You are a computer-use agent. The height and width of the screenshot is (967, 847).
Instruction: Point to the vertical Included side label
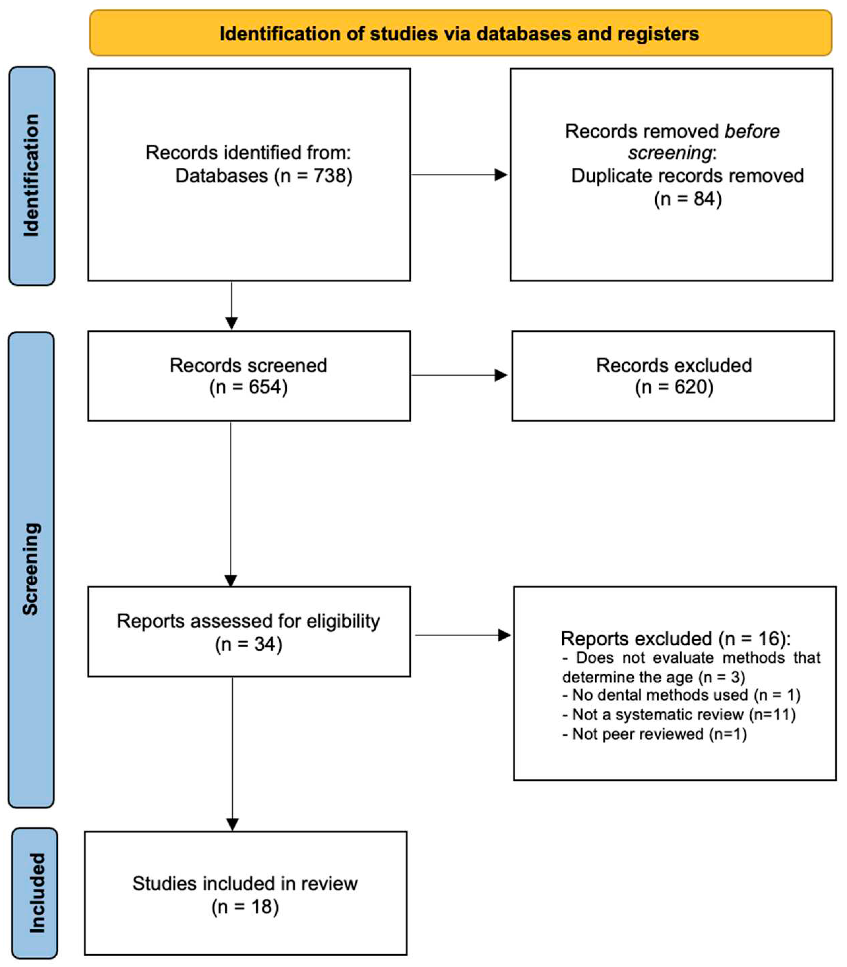click(x=36, y=893)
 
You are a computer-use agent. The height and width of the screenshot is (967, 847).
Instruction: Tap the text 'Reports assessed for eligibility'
click(x=248, y=621)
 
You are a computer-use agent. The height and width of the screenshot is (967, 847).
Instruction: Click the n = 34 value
click(x=249, y=644)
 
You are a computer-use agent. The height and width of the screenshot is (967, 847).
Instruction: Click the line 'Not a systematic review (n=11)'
click(x=679, y=714)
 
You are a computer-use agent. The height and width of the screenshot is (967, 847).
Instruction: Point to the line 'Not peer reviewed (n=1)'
click(x=654, y=734)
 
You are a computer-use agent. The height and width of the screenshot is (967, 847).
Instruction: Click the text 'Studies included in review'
click(x=245, y=883)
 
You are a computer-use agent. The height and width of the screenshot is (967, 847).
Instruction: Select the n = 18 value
click(x=245, y=906)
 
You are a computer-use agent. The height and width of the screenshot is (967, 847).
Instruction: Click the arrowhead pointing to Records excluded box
click(x=501, y=376)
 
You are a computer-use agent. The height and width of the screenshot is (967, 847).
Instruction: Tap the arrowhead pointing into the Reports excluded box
click(x=504, y=635)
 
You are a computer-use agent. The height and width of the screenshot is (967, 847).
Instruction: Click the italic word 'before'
click(x=752, y=131)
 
